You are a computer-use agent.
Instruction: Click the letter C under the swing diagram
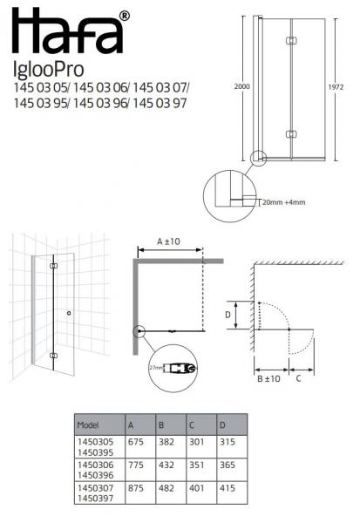pos(300,379)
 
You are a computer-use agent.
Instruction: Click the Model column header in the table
pos(90,426)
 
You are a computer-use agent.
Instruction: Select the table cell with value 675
pos(136,442)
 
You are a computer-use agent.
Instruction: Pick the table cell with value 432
pos(166,466)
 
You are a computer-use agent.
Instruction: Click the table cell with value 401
pos(196,491)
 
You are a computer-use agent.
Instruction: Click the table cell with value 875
pos(136,491)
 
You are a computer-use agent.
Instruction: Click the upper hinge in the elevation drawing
pos(291,41)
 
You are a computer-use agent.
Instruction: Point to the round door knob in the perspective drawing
pos(69,312)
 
